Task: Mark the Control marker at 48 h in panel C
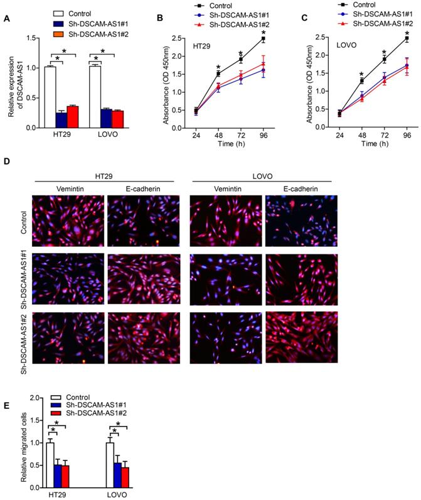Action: tap(361, 80)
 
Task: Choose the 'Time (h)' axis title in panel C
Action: tap(373, 144)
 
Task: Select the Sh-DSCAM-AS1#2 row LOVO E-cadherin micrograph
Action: tap(301, 337)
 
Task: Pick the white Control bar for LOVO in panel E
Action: tap(110, 465)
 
